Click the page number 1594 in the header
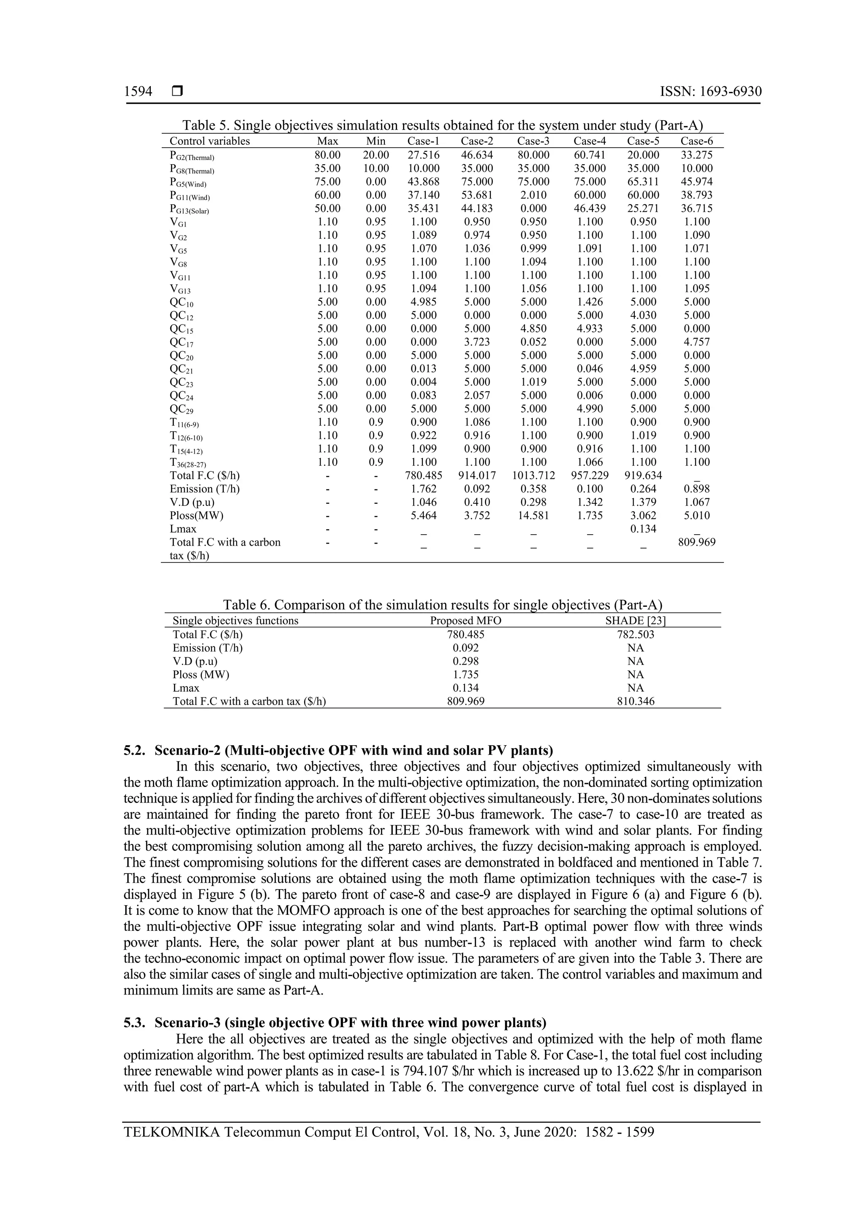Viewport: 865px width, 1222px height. tap(138, 92)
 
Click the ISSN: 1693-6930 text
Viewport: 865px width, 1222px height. tap(710, 92)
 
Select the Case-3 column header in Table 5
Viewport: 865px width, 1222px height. tap(533, 141)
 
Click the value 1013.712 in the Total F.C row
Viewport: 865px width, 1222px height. tap(533, 475)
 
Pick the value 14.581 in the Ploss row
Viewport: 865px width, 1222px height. tap(533, 515)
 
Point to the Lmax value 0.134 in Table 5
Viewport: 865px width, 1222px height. tap(643, 528)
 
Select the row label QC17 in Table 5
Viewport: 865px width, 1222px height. tap(182, 342)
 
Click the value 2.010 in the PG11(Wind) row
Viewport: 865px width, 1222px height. tap(533, 195)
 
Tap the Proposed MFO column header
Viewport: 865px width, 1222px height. tap(465, 621)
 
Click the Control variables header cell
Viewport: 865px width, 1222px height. tap(209, 141)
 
